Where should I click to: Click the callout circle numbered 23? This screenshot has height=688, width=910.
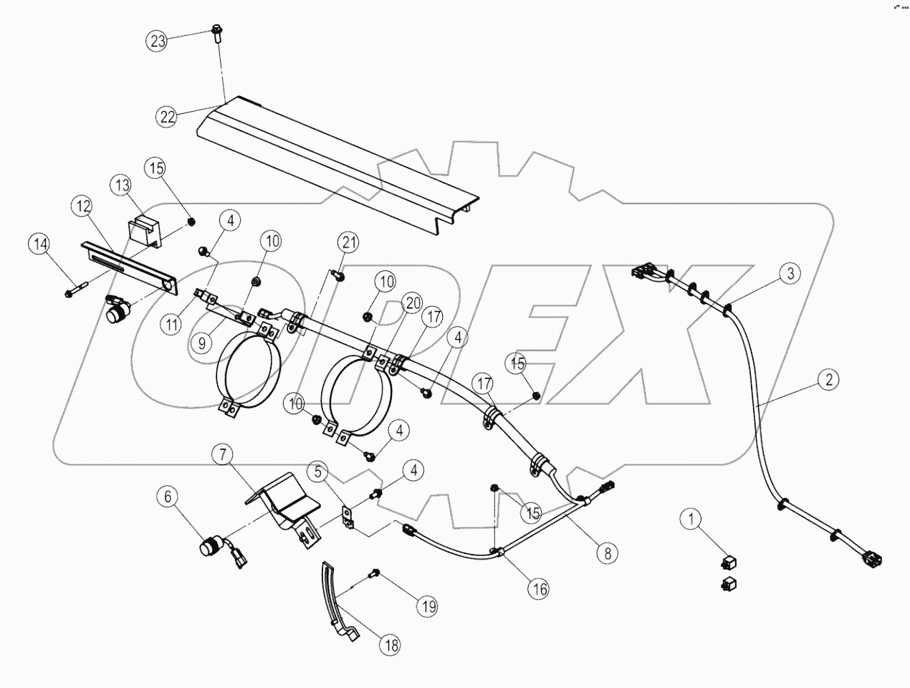[x=158, y=41]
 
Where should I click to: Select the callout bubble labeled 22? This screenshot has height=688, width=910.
[x=168, y=117]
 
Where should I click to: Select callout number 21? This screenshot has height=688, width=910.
[x=348, y=244]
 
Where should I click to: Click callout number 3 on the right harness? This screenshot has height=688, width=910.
[x=790, y=273]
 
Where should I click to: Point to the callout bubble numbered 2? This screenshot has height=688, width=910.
[x=828, y=380]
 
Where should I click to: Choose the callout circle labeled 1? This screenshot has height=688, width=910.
[x=691, y=518]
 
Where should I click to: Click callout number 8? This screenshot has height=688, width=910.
[x=608, y=553]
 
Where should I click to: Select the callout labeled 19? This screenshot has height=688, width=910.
[x=428, y=606]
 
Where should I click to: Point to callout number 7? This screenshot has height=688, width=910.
[x=223, y=454]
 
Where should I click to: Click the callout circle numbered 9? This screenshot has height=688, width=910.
[x=203, y=343]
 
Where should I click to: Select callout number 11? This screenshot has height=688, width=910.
[x=171, y=325]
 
